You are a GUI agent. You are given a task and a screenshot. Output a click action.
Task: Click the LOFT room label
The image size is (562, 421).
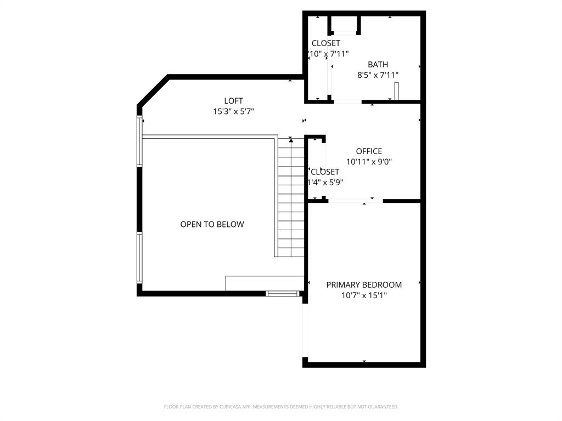click(x=233, y=101)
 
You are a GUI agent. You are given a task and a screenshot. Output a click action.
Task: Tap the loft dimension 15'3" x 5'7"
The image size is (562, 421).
click(x=233, y=111)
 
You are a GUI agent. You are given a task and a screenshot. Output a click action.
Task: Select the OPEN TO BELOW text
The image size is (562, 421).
click(x=212, y=224)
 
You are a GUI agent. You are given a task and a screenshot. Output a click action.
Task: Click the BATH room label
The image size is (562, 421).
click(x=378, y=65)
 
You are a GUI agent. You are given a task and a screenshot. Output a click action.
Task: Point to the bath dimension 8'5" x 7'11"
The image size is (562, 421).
click(x=378, y=75)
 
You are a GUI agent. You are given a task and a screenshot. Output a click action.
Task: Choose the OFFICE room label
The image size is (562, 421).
click(x=369, y=151)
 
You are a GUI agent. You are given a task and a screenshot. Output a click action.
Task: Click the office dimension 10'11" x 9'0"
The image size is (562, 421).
click(x=369, y=162)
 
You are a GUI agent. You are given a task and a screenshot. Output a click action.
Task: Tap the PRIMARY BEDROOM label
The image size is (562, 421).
click(x=364, y=285)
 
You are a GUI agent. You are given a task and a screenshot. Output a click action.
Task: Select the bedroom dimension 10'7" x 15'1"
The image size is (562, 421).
click(x=364, y=295)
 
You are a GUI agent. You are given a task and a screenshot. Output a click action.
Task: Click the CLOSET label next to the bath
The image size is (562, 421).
click(x=326, y=43)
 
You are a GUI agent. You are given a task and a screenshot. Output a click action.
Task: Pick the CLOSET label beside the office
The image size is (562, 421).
click(x=325, y=172)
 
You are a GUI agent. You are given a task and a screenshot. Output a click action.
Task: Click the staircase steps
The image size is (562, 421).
click(x=291, y=203)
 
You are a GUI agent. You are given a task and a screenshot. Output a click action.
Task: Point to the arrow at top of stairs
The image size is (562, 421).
click(x=291, y=141)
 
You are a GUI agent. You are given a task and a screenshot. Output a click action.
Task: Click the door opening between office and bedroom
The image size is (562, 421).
click(x=355, y=201)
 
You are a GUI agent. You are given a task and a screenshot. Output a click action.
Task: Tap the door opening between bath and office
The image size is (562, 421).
click(x=348, y=102)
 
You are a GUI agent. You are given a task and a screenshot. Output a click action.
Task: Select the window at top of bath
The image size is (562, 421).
click(x=345, y=32)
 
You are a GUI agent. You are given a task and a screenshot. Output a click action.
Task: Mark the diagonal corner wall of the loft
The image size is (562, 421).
click(x=153, y=90)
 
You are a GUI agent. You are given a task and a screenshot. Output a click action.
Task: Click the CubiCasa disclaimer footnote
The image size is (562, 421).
click(x=281, y=407)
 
